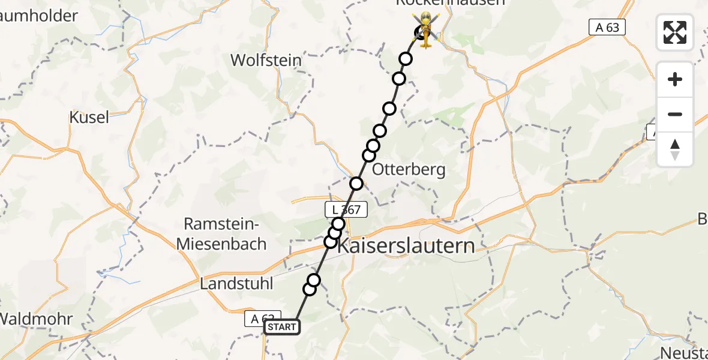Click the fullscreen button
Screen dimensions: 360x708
[x=675, y=32]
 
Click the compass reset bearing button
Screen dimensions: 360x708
[x=675, y=149]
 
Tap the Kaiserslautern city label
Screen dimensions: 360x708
[x=406, y=245]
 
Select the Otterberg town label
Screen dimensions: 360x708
[x=409, y=170]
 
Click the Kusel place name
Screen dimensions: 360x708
[x=89, y=118]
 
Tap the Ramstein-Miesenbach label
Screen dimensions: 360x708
[x=221, y=234]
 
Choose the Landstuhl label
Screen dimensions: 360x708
[x=236, y=283]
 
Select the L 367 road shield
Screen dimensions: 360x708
[x=342, y=209]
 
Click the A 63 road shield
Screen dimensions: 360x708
[x=607, y=27]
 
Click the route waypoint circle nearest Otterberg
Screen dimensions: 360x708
[x=369, y=155]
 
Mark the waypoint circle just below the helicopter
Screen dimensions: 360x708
[x=406, y=59]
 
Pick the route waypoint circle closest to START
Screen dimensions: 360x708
[x=310, y=289]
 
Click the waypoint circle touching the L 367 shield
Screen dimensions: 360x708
[x=338, y=224]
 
